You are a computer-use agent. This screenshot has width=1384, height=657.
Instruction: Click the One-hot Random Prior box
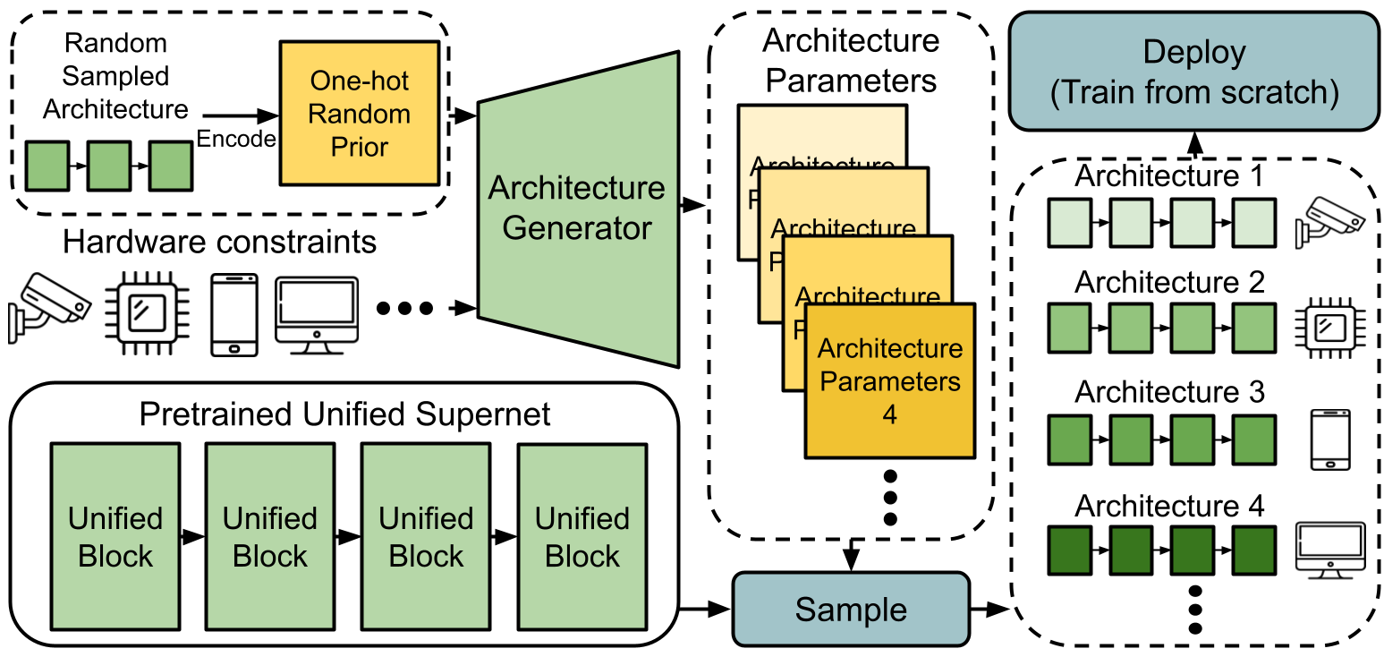click(360, 114)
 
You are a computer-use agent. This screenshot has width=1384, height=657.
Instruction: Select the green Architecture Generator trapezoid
click(578, 209)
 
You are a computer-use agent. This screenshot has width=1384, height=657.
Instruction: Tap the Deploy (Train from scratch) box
click(1194, 72)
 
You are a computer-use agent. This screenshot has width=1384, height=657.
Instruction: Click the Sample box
click(851, 609)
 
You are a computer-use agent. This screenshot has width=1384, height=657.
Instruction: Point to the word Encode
click(236, 139)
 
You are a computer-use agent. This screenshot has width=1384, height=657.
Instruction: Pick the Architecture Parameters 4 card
click(890, 380)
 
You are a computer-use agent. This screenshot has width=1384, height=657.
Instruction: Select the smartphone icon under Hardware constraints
click(233, 314)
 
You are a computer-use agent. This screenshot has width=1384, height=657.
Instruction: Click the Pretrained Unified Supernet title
click(345, 414)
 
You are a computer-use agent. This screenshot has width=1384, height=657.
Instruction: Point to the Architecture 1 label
click(1169, 175)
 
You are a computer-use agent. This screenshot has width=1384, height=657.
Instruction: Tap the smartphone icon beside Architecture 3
click(1329, 439)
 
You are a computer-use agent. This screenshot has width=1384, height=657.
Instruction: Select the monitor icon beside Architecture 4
click(1330, 549)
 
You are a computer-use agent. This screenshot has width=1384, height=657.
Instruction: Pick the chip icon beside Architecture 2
click(1329, 328)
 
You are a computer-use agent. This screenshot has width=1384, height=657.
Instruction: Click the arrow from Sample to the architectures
click(989, 609)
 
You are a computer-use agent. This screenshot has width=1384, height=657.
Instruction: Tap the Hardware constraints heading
click(220, 241)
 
